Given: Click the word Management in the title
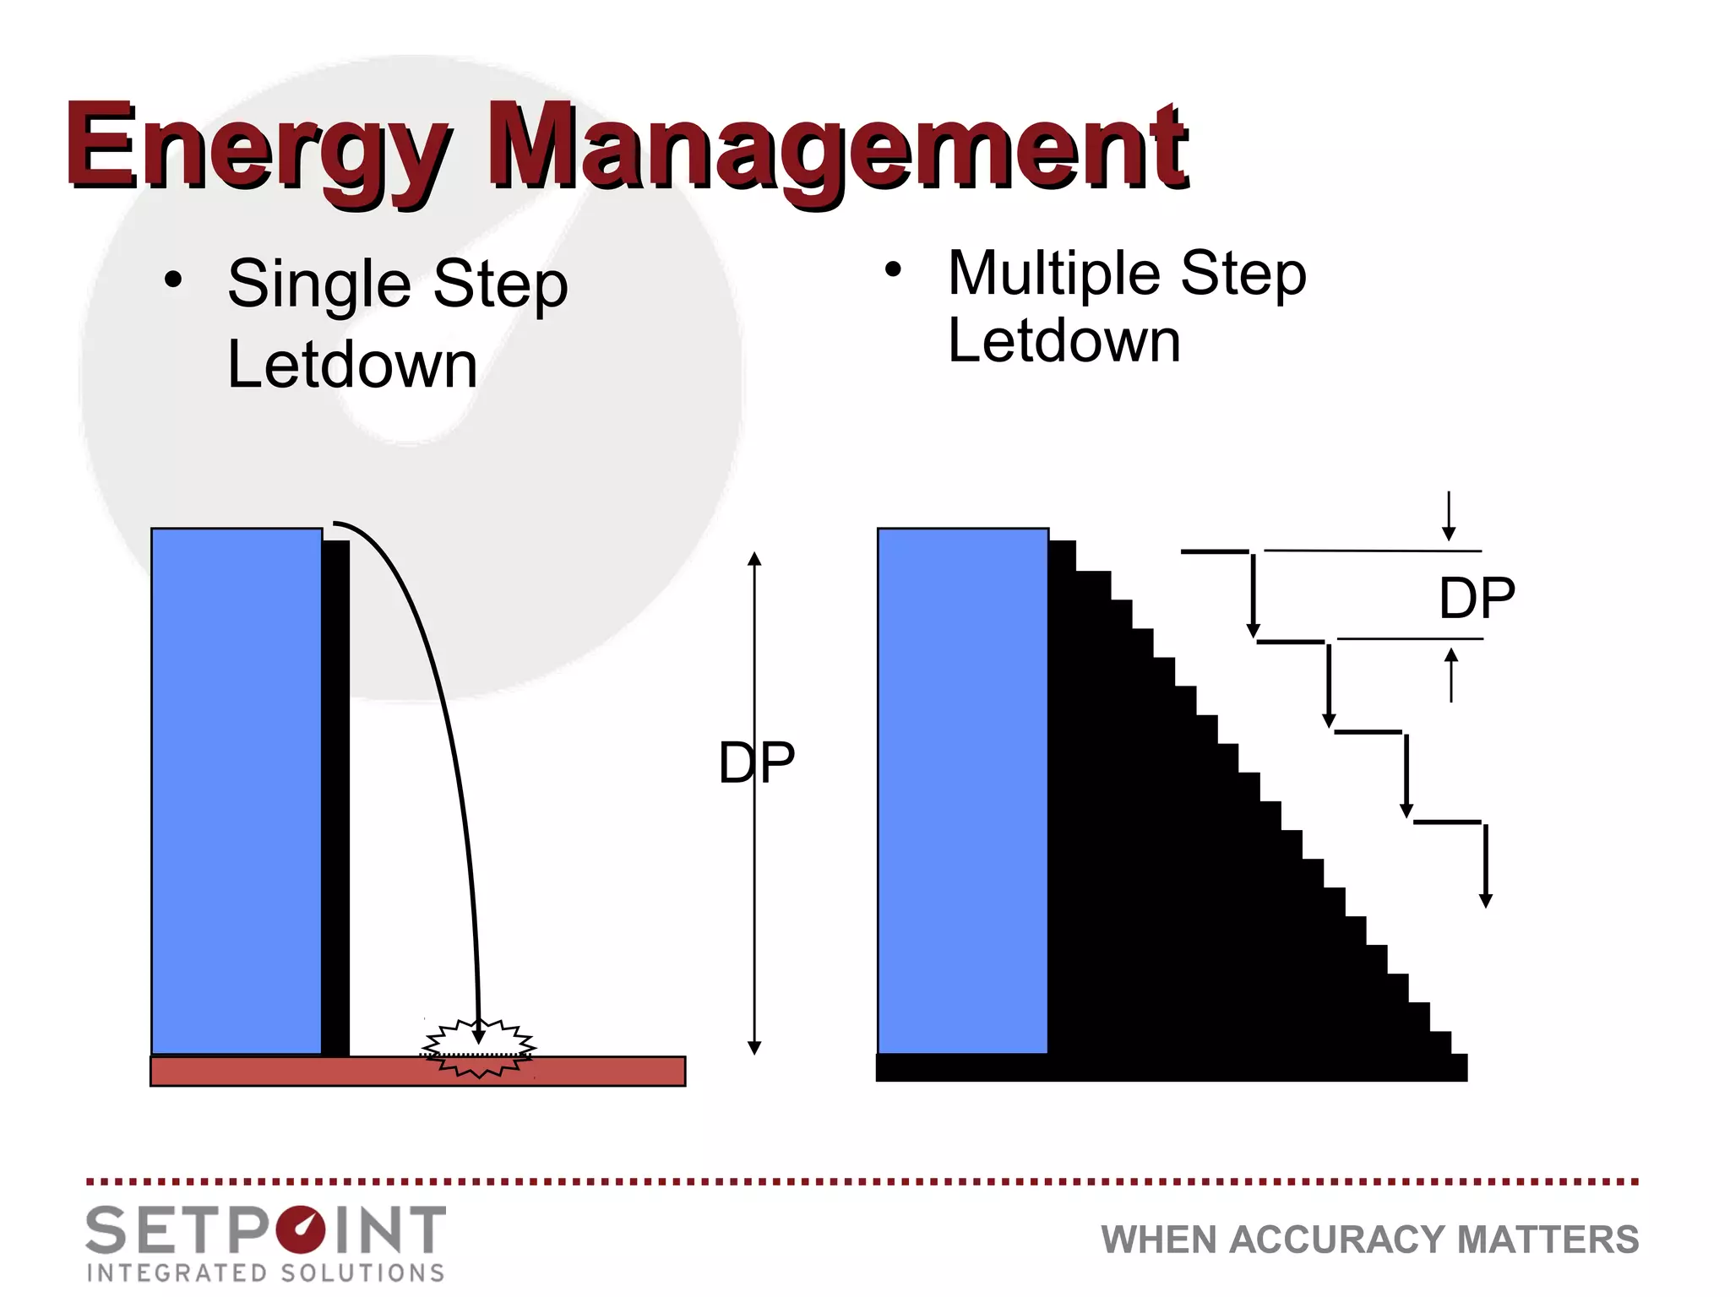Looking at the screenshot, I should pyautogui.click(x=836, y=150).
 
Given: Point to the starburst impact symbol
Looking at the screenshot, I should pyautogui.click(x=478, y=1049).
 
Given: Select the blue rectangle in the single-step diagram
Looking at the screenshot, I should pyautogui.click(x=237, y=790).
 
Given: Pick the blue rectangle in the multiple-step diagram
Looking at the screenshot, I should pyautogui.click(x=963, y=790).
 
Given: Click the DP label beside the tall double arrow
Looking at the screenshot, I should pyautogui.click(x=757, y=762).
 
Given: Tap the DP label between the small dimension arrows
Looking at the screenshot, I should pyautogui.click(x=1477, y=598).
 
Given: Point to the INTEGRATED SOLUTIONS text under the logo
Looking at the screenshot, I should pyautogui.click(x=266, y=1273).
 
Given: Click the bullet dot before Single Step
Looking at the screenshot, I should pyautogui.click(x=173, y=280).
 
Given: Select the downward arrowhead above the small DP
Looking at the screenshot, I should pyautogui.click(x=1449, y=534).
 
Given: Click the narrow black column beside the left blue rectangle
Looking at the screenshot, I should pyautogui.click(x=335, y=798).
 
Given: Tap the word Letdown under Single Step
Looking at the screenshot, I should pyautogui.click(x=352, y=365).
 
